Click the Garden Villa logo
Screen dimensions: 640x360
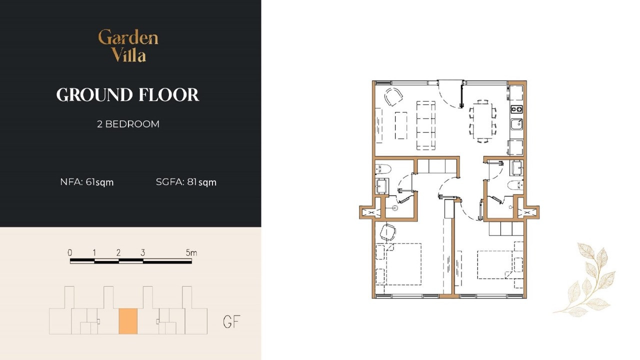[128, 45]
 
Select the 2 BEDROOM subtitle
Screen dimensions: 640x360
[128, 124]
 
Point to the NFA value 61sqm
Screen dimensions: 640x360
[99, 182]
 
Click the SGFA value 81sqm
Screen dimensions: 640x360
[201, 182]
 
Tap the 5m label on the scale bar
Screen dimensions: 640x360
[191, 252]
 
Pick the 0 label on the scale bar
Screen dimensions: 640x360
[70, 252]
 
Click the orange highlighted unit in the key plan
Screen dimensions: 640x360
[128, 321]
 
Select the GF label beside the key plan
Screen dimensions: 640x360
[231, 321]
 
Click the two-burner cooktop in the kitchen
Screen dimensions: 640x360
[516, 109]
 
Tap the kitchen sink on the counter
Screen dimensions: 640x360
[516, 124]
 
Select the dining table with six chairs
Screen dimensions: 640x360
[483, 121]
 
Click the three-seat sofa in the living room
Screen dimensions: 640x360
[425, 125]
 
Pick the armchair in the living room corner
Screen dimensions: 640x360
[393, 96]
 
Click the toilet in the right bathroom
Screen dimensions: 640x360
[515, 185]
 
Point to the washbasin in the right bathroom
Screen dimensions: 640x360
[517, 168]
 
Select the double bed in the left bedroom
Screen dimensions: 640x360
[398, 264]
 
